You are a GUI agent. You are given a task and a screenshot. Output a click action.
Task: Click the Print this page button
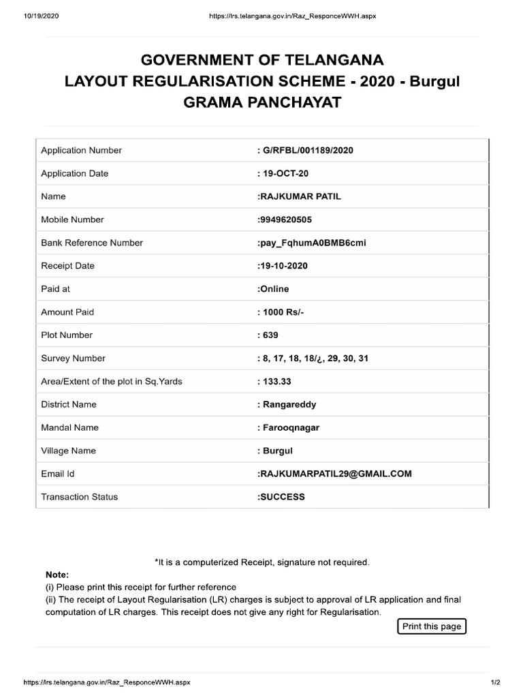coord(432,626)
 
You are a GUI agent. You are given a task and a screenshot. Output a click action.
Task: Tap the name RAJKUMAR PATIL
coord(299,196)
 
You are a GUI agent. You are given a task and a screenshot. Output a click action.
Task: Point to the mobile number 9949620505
coord(286,219)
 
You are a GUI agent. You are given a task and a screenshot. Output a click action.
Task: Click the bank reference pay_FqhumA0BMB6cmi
coord(312,243)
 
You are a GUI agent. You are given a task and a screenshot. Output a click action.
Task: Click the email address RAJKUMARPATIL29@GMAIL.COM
coord(334,474)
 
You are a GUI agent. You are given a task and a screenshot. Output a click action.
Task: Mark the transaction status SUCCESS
coord(281,497)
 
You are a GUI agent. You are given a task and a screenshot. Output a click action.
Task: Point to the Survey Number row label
coord(74,359)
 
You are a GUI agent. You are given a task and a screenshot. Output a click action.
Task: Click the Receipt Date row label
coord(68,266)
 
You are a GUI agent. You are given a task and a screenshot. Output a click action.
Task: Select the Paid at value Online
coord(273,289)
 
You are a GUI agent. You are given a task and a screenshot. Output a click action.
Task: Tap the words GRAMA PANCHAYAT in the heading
coord(262,104)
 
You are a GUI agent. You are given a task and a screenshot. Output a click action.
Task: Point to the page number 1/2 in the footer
coord(495,682)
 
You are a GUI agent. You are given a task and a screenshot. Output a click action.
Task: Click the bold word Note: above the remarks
coord(57,575)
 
